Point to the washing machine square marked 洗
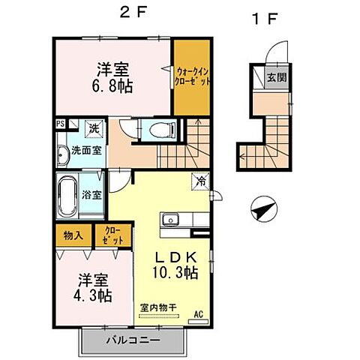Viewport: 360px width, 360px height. pos(93,128)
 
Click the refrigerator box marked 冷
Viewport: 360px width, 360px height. pos(200,180)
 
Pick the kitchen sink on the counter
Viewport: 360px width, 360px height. pos(169,220)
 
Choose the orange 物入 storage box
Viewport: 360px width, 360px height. pos(73,235)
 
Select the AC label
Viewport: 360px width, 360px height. pos(199,314)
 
